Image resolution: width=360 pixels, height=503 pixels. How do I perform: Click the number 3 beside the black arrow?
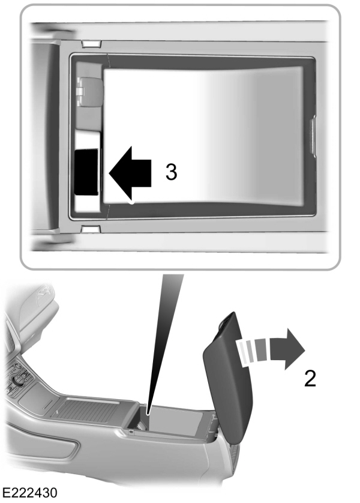click(171, 172)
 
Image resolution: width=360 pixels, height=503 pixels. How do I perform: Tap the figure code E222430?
click(30, 493)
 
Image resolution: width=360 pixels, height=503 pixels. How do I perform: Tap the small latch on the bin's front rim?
click(131, 431)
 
